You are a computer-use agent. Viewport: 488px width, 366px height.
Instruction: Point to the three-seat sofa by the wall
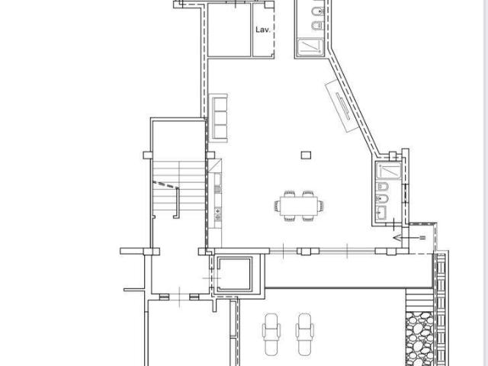[x=220, y=116]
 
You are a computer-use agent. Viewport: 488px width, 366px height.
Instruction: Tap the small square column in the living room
[x=306, y=155]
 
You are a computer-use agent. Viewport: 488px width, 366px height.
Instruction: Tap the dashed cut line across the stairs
[x=165, y=184]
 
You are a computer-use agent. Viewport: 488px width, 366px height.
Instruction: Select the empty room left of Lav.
[x=229, y=30]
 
